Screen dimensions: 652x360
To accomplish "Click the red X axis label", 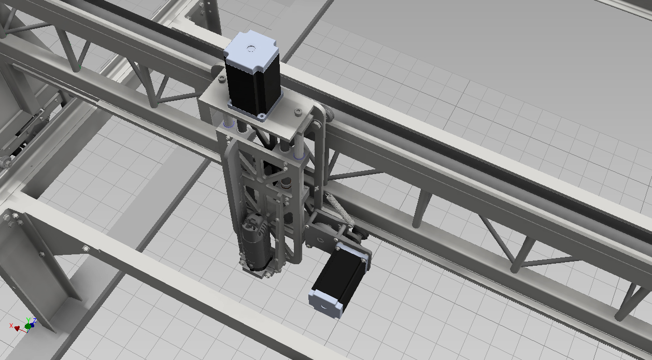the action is tap(11, 325).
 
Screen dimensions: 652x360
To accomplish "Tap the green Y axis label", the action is tap(28, 321).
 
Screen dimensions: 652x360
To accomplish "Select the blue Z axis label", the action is tap(34, 321).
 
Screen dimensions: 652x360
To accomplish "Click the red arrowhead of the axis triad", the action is tap(17, 328).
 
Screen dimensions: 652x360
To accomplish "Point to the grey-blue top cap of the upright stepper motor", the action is tap(250, 50).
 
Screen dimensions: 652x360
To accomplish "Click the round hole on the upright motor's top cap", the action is tap(250, 48).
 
